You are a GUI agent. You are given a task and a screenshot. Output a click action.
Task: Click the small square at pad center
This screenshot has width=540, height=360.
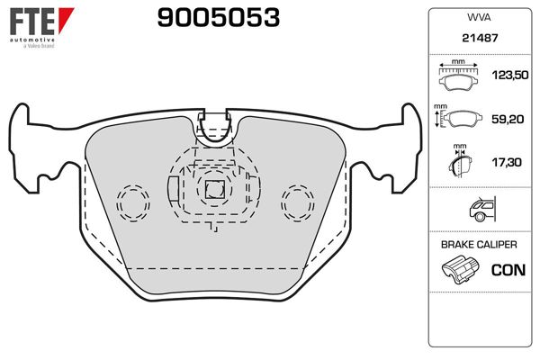click(x=214, y=190)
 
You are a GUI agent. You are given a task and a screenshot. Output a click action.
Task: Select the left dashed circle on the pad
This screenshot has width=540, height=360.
click(x=132, y=201)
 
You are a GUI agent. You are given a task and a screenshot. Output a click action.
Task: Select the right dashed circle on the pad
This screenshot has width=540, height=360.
click(x=295, y=201)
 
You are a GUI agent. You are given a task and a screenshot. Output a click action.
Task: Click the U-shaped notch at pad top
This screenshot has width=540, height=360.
click(x=214, y=130)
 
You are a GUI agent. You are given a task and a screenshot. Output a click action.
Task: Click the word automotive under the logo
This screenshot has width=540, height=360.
click(x=32, y=40)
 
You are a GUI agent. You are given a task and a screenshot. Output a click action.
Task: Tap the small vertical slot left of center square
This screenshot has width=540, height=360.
click(x=174, y=193)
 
